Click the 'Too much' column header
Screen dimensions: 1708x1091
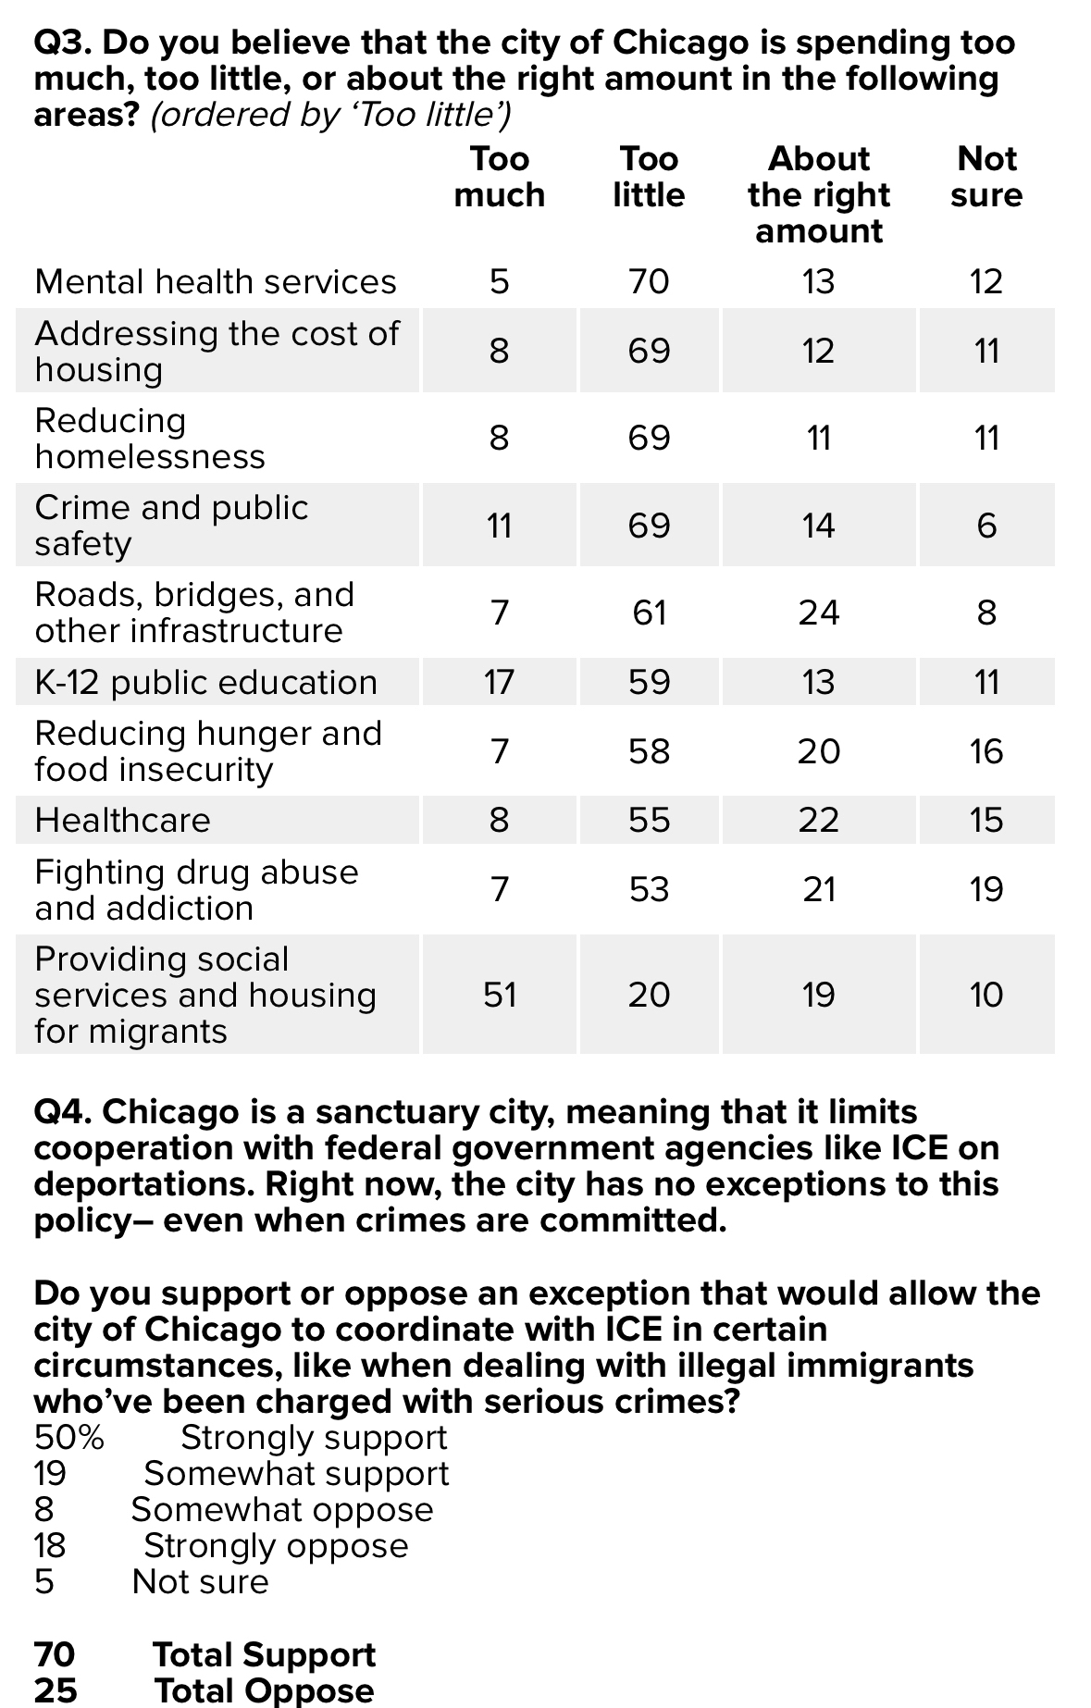point(499,177)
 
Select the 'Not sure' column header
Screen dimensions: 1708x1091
point(986,177)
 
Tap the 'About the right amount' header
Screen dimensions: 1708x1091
point(819,194)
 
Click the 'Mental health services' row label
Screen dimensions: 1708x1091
point(216,281)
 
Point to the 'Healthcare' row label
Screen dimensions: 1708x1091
point(122,820)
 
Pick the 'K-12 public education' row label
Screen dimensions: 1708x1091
point(206,682)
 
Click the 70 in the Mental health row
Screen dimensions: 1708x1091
point(648,281)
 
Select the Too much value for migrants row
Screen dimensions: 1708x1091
point(499,995)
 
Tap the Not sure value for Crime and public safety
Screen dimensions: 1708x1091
point(986,526)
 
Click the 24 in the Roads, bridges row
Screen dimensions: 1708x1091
point(819,613)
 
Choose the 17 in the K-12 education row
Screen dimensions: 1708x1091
point(499,682)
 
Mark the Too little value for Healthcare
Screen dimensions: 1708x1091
point(648,820)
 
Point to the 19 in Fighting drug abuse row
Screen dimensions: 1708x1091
point(986,889)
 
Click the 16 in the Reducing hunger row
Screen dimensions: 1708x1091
point(986,751)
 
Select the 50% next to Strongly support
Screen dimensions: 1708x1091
point(69,1438)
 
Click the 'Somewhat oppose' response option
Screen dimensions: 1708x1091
point(282,1510)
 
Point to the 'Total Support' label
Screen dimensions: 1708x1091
point(264,1654)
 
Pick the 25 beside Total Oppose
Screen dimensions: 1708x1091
point(56,1690)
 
